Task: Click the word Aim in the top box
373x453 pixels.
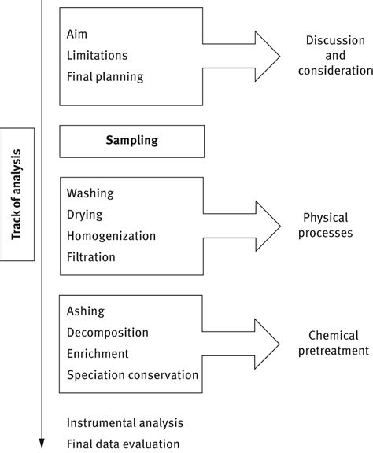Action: pyautogui.click(x=76, y=34)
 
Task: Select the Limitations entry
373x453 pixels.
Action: pyautogui.click(x=97, y=56)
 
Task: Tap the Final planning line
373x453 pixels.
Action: pyautogui.click(x=105, y=77)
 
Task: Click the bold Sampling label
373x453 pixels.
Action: pyautogui.click(x=132, y=141)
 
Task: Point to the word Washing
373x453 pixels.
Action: pyautogui.click(x=90, y=193)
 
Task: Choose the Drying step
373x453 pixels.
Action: pyautogui.click(x=85, y=215)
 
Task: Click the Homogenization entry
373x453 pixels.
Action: pyautogui.click(x=111, y=236)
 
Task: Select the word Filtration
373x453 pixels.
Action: pyautogui.click(x=91, y=257)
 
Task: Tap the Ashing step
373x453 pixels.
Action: pyautogui.click(x=86, y=311)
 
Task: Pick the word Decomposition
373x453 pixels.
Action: pyautogui.click(x=108, y=333)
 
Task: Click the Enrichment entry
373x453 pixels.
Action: pyautogui.click(x=98, y=354)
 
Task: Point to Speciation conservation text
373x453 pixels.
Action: pyautogui.click(x=133, y=375)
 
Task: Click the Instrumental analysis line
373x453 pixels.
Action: pyautogui.click(x=125, y=423)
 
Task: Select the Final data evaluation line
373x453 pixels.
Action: pyautogui.click(x=124, y=444)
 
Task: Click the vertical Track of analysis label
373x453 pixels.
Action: pyautogui.click(x=17, y=194)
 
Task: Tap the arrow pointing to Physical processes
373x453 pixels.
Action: pyautogui.click(x=242, y=226)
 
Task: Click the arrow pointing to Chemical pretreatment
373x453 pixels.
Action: pyautogui.click(x=241, y=344)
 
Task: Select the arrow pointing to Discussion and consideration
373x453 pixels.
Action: pyautogui.click(x=242, y=57)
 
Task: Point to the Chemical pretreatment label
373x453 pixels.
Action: pyautogui.click(x=334, y=343)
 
